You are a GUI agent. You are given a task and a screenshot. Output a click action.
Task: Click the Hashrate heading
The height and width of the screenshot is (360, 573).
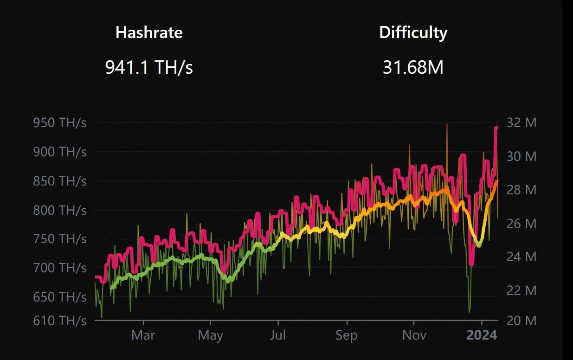point(149,32)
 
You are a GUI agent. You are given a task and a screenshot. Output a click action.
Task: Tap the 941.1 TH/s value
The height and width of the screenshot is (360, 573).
point(149,68)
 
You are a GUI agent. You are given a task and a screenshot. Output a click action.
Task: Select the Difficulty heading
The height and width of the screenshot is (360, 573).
point(413,32)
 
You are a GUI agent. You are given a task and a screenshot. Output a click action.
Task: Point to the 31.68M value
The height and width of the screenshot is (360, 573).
point(413,68)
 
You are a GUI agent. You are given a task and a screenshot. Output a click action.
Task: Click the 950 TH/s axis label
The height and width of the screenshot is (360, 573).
point(60,123)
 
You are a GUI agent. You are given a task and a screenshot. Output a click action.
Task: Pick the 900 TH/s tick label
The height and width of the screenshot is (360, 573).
point(60,152)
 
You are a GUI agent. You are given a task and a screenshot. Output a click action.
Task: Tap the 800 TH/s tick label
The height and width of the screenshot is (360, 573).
point(60,210)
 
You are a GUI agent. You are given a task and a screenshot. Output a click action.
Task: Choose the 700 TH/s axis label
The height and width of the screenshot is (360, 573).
point(60,268)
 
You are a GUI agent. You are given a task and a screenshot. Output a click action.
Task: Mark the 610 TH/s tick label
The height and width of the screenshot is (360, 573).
point(60,320)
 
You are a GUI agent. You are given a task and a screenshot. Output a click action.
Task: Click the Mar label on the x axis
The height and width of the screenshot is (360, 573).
point(143,335)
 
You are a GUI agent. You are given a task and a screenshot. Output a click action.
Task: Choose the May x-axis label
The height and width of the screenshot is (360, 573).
point(211,335)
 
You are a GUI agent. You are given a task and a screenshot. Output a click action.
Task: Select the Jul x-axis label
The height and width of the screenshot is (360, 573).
point(278,335)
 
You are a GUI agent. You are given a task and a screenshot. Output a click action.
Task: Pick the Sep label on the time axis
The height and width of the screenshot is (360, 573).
point(346,335)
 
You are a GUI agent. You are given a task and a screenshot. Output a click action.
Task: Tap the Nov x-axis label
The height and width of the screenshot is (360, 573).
point(414,335)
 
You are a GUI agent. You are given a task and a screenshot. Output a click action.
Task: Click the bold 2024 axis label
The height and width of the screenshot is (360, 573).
point(482,335)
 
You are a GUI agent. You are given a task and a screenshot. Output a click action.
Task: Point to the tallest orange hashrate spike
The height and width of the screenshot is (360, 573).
point(447,125)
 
